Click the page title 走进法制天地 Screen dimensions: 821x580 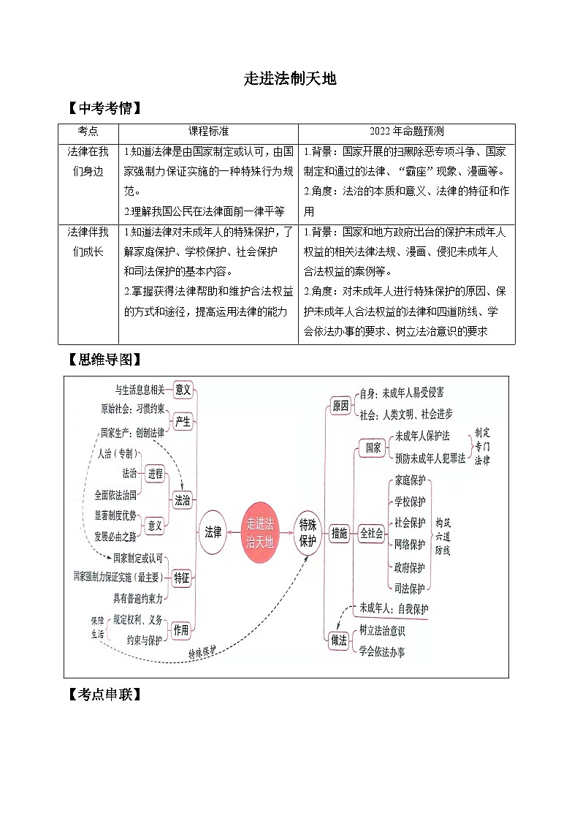290,79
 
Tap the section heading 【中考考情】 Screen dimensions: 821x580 102,109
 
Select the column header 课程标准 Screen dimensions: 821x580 208,132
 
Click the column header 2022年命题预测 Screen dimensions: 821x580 406,132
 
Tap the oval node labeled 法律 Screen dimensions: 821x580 213,532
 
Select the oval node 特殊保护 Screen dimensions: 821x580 308,532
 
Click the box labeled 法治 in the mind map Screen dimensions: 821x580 182,501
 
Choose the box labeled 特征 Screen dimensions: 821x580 182,578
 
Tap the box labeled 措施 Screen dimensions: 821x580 340,533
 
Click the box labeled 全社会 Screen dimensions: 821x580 371,533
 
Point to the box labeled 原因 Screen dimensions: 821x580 340,406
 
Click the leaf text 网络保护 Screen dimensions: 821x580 409,544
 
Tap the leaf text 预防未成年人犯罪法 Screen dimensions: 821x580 430,458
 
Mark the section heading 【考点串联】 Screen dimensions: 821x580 102,695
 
